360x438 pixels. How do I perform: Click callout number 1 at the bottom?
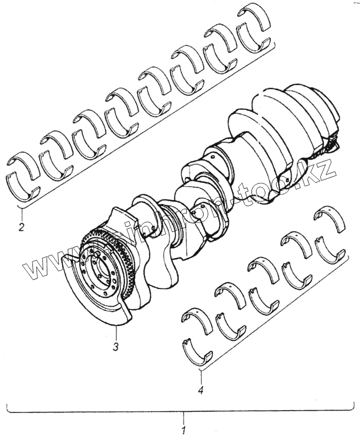pyautogui.click(x=184, y=428)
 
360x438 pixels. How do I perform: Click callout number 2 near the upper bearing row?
pyautogui.click(x=21, y=227)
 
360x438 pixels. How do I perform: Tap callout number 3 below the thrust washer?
pyautogui.click(x=116, y=346)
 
